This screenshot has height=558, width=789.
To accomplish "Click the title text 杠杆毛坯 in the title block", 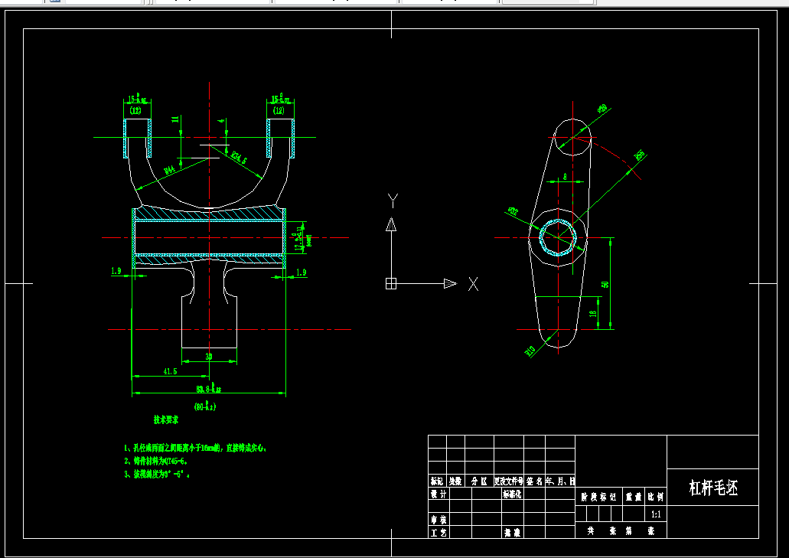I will point(713,488).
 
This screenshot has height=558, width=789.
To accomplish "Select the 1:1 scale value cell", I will point(656,514).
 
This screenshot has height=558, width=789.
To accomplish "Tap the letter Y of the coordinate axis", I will point(393,200).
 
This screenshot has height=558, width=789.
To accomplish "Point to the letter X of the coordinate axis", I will point(474,284).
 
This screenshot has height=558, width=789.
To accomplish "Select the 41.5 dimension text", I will point(170,370).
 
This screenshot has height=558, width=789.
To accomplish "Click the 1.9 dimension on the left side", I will point(116,271).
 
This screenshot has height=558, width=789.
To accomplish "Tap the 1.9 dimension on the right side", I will point(300,272).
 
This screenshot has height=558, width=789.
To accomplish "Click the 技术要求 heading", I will point(166,420).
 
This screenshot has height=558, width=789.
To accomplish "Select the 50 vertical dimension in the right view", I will point(605,284).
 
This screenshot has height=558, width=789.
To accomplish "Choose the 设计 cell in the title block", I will point(438,494).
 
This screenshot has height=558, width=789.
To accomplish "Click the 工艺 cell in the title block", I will point(438,532).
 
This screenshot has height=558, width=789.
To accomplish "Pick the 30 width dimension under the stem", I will point(209,357).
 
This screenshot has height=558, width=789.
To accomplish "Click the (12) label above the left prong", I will point(136,111).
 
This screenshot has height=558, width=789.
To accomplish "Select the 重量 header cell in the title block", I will point(634,497).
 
